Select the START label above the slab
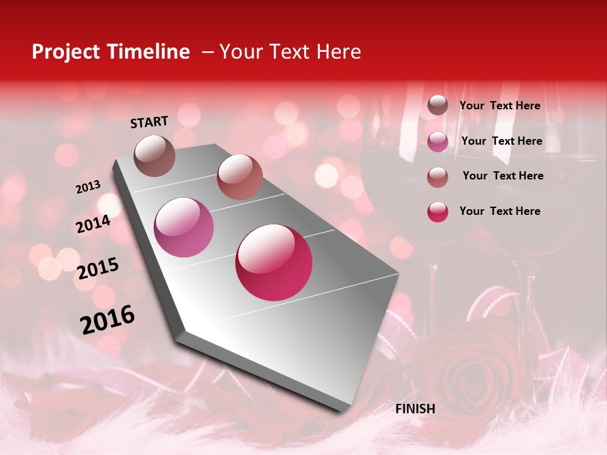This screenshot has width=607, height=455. [149, 122]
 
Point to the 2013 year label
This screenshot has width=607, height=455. [88, 187]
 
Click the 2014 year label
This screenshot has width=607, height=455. [93, 224]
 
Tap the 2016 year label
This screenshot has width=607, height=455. [107, 319]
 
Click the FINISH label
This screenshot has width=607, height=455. [415, 409]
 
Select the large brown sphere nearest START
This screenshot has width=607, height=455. [154, 155]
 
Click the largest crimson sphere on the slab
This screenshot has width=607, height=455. [274, 263]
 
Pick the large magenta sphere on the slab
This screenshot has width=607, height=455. [184, 227]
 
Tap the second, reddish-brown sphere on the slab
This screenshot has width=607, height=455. [240, 177]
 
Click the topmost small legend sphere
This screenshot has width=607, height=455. [438, 106]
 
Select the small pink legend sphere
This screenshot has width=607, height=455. [438, 141]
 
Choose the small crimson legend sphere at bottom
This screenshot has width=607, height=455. [438, 211]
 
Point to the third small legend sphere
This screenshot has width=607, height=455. [438, 176]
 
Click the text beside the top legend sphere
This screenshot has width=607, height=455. [500, 106]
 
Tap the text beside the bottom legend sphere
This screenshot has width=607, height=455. [500, 211]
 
